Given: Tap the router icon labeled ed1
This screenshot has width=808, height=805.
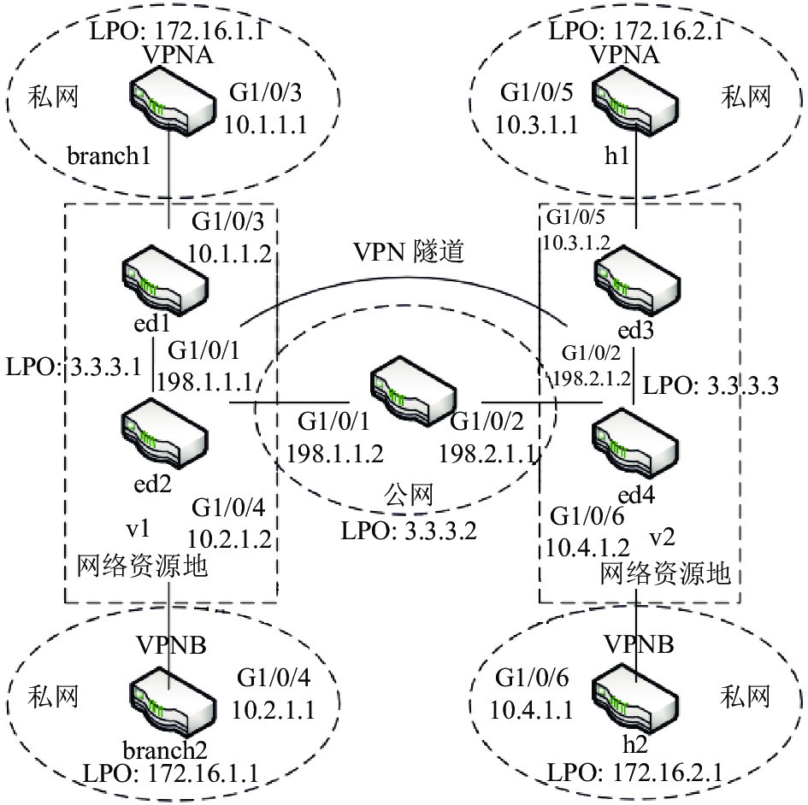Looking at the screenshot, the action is tap(165, 280).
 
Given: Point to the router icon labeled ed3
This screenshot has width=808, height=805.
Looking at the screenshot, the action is tap(637, 280).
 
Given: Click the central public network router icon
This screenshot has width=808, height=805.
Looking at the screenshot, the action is tap(413, 391).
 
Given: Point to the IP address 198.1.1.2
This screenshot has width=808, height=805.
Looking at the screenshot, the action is tap(334, 455).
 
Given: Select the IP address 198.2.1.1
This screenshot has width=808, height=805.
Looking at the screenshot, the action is tap(487, 455).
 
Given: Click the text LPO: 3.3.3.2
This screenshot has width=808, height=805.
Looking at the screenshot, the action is tap(409, 531).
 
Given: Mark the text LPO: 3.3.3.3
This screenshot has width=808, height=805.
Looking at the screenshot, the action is tap(711, 385).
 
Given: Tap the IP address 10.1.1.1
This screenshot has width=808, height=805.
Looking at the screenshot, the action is tap(265, 125).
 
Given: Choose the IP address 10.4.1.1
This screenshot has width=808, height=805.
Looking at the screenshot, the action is tap(531, 711).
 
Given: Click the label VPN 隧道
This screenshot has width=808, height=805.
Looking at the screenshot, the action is tap(409, 252).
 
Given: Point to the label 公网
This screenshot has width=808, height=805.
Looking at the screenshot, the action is tap(408, 496).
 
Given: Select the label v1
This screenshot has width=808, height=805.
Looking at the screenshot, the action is tap(139, 529).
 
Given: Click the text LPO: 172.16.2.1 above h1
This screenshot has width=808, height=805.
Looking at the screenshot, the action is tap(636, 31).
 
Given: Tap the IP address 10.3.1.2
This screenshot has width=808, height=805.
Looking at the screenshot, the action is tap(576, 243).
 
